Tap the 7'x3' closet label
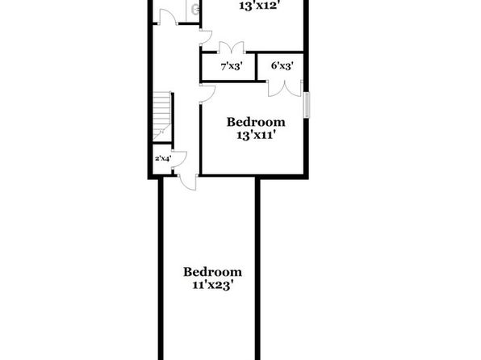pos(232,66)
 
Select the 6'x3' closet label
pos(282,65)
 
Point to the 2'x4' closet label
pos(163,158)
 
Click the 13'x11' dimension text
pos(254,135)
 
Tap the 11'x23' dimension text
pos(211,286)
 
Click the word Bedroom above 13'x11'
pos(256,122)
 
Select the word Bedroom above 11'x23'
pos(212,272)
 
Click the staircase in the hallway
pos(161,116)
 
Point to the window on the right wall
pos(307,105)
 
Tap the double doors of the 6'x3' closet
pos(285,89)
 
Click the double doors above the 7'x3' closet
pos(232,47)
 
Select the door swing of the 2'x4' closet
pos(179,159)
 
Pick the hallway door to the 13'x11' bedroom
pos(207,94)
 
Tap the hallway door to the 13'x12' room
pos(206,37)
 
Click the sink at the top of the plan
pos(195,10)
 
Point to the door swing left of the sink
pos(168,17)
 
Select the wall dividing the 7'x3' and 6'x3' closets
pos(256,67)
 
